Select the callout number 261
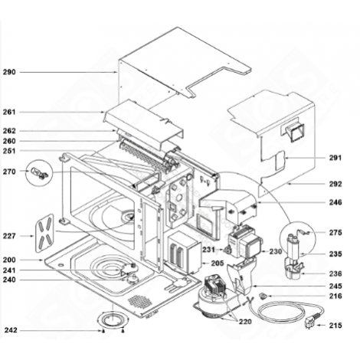point(9,112)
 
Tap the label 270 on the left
point(9,172)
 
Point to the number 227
point(9,237)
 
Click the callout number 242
point(9,330)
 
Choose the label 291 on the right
point(335,158)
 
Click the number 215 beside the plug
point(335,326)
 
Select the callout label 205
point(217,263)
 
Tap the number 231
point(207,249)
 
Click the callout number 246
point(335,203)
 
